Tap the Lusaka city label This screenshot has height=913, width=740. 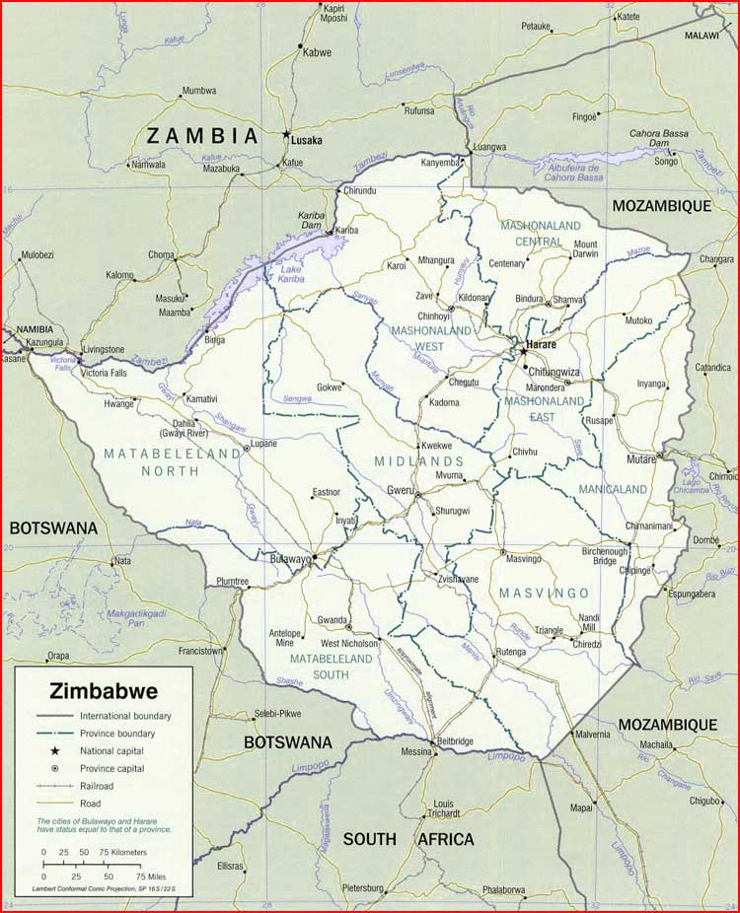click(306, 140)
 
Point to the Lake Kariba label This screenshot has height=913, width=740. click(291, 275)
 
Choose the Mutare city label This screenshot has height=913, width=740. click(641, 459)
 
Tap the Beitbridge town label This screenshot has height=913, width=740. click(453, 740)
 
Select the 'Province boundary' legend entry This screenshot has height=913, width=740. click(117, 734)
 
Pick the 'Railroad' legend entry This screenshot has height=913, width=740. click(98, 786)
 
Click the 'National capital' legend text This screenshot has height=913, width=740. click(112, 751)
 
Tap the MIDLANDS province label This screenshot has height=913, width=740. click(419, 461)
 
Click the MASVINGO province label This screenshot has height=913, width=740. click(544, 593)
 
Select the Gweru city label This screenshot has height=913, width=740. click(400, 490)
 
